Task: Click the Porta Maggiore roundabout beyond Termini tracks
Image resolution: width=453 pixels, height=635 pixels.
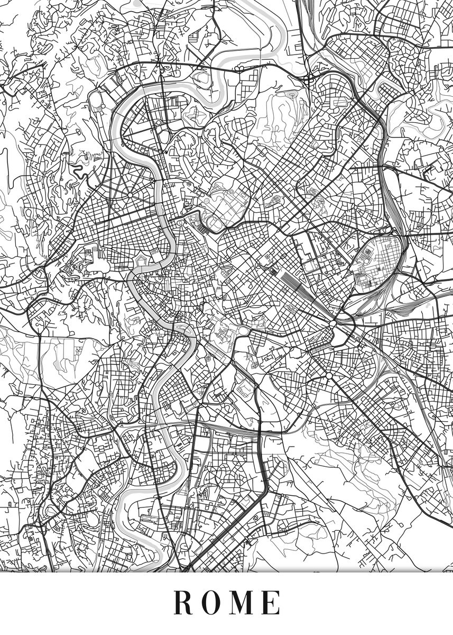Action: pyautogui.click(x=334, y=322)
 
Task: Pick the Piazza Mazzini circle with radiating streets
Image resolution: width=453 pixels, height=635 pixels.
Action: pyautogui.click(x=130, y=195)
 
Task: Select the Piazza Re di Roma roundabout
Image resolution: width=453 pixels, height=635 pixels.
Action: pyautogui.click(x=329, y=375)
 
